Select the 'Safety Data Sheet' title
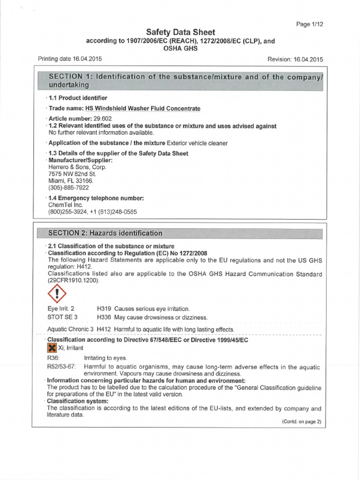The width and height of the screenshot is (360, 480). [180, 32]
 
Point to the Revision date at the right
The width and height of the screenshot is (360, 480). [295, 60]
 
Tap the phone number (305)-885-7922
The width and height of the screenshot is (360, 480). [68, 187]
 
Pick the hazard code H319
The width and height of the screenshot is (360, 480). [104, 309]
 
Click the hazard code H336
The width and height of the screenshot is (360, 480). [104, 317]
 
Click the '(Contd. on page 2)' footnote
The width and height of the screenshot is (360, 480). [301, 421]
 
